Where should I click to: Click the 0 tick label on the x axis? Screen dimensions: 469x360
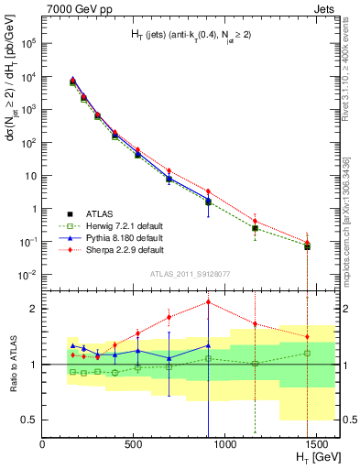coord(42,443)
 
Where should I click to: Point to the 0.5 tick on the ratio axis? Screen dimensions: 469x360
coord(29,420)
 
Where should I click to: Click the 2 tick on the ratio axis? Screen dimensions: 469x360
coord(34,309)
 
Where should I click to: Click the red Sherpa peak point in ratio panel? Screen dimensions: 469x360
coord(209,302)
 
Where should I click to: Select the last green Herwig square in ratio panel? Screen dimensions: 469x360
coord(308,353)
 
